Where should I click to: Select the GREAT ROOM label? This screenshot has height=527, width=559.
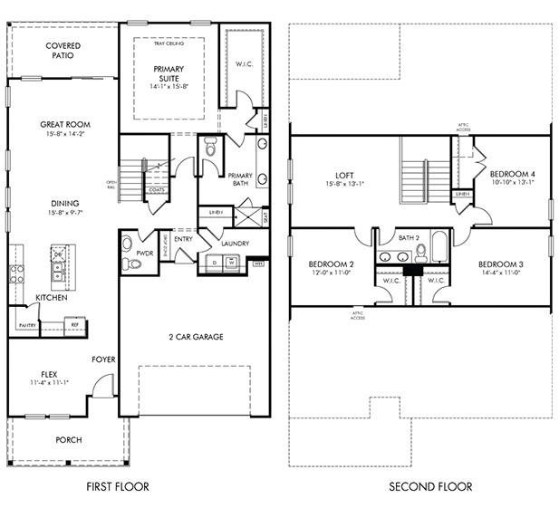point(64,124)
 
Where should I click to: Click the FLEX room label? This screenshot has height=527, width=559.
point(49,373)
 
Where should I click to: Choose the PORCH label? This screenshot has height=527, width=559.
point(68,440)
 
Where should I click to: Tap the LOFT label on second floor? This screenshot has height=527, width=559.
point(343,175)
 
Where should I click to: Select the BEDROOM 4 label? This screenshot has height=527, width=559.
point(512,173)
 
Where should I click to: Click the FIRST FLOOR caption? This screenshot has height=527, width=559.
point(117,487)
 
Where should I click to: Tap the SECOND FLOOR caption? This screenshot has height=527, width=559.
point(430,487)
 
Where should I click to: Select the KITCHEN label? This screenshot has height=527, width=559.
point(51,298)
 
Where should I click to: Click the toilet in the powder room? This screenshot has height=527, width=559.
point(133,263)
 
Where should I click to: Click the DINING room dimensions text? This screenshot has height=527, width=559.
point(64,214)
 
